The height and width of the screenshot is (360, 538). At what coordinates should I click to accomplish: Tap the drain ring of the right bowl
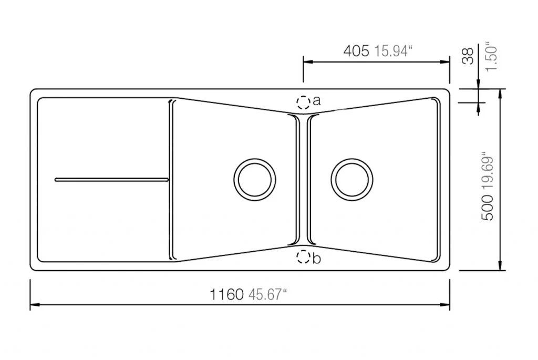(x=332, y=180)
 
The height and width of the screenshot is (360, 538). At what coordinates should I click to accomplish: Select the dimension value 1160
(x=226, y=294)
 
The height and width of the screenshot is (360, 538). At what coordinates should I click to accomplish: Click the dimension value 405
(x=356, y=51)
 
